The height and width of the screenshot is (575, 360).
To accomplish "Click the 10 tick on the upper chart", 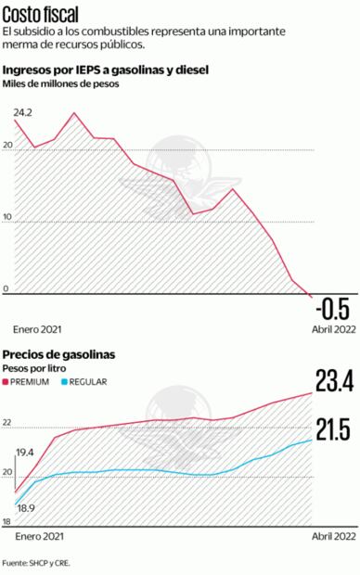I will tap(7, 219).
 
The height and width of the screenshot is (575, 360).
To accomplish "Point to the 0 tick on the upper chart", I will tap(6, 289).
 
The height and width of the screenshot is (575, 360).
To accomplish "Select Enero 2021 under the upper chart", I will tap(37, 329).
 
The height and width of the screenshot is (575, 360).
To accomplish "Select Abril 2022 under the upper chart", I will tap(331, 329).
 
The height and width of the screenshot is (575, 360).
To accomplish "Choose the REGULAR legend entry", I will tap(88, 381).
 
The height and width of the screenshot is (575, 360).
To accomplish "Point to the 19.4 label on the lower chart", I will tap(25, 452).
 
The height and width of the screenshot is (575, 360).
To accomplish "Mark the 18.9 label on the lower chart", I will tap(25, 508).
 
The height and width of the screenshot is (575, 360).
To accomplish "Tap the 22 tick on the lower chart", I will tap(7, 423).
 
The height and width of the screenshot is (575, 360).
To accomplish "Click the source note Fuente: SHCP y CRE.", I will tap(36, 563).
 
